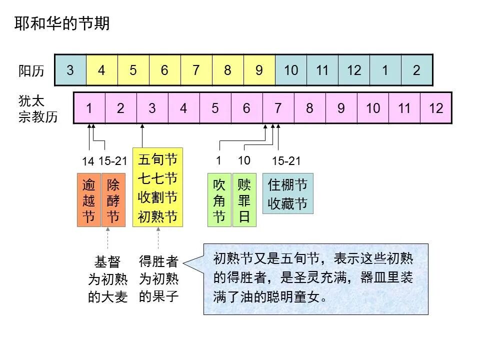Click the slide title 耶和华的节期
62,23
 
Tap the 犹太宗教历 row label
38,109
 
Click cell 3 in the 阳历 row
70,70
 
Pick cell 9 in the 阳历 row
259,70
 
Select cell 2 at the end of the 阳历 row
416,70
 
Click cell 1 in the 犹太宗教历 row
89,108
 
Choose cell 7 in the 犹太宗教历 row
278,108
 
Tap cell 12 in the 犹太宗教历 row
436,108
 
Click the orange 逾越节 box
89,200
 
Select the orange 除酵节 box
113,200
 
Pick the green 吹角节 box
219,200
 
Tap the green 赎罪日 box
244,200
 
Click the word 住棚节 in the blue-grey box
287,185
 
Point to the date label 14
88,161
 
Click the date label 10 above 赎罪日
244,160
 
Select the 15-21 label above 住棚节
286,161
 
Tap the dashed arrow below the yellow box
158,239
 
